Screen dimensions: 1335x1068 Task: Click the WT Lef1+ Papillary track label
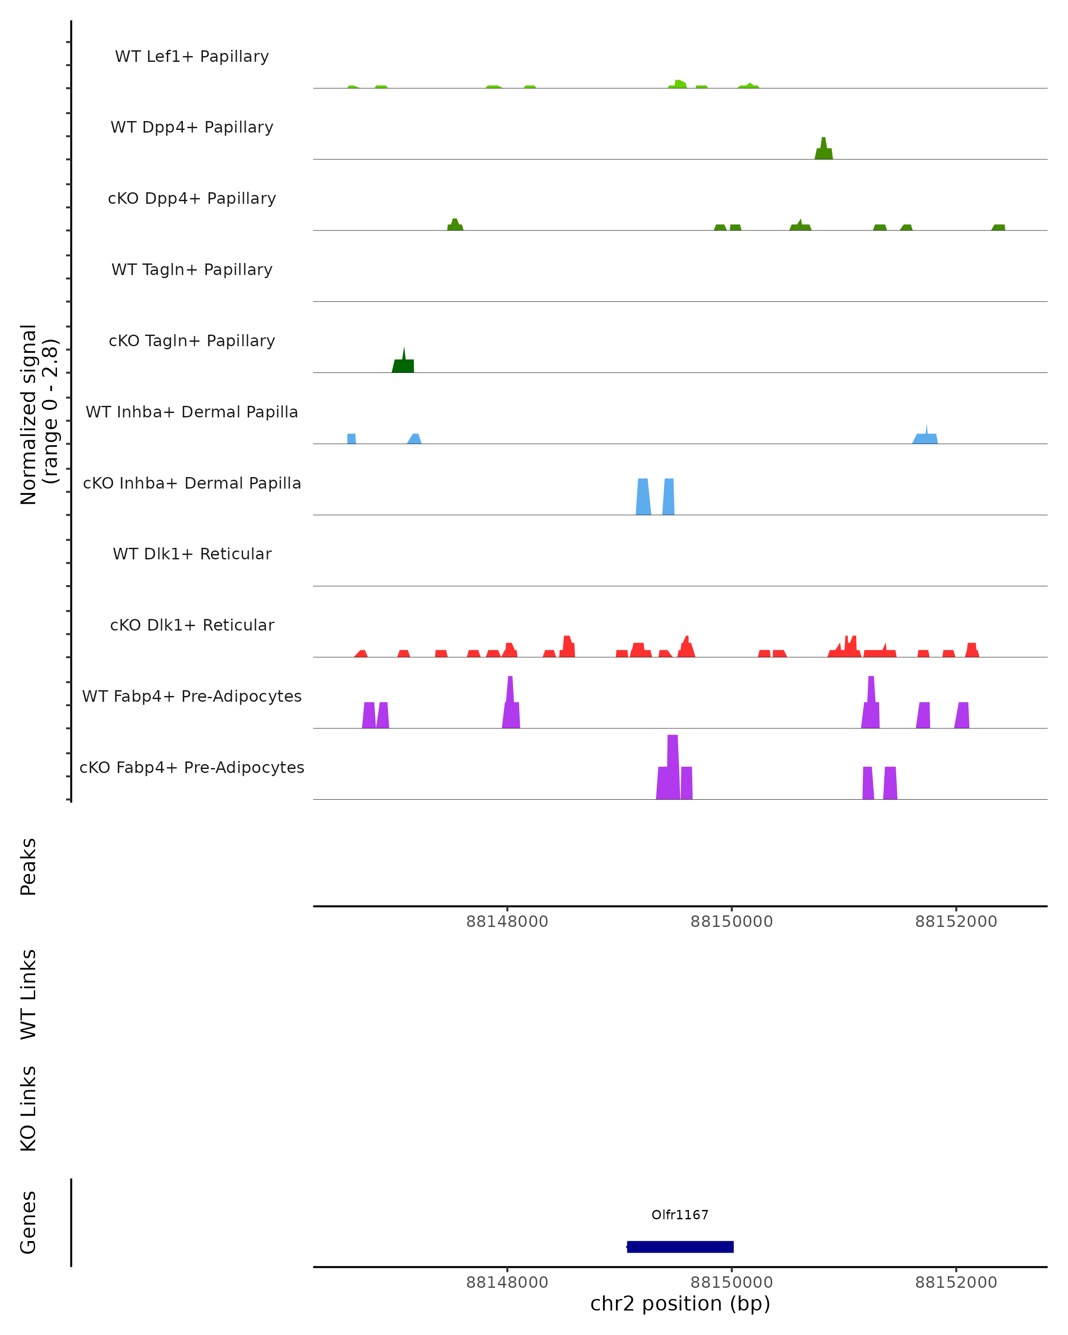coord(192,57)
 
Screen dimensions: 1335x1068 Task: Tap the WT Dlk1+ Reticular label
coord(192,554)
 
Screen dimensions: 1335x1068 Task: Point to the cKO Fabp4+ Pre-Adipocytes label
coord(192,767)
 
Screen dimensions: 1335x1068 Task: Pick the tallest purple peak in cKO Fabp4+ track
coord(672,768)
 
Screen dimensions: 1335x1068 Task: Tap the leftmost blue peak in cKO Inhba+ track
coord(643,497)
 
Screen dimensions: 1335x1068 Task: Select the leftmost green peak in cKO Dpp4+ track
coord(455,225)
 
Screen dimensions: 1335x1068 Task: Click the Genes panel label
coord(28,1222)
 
